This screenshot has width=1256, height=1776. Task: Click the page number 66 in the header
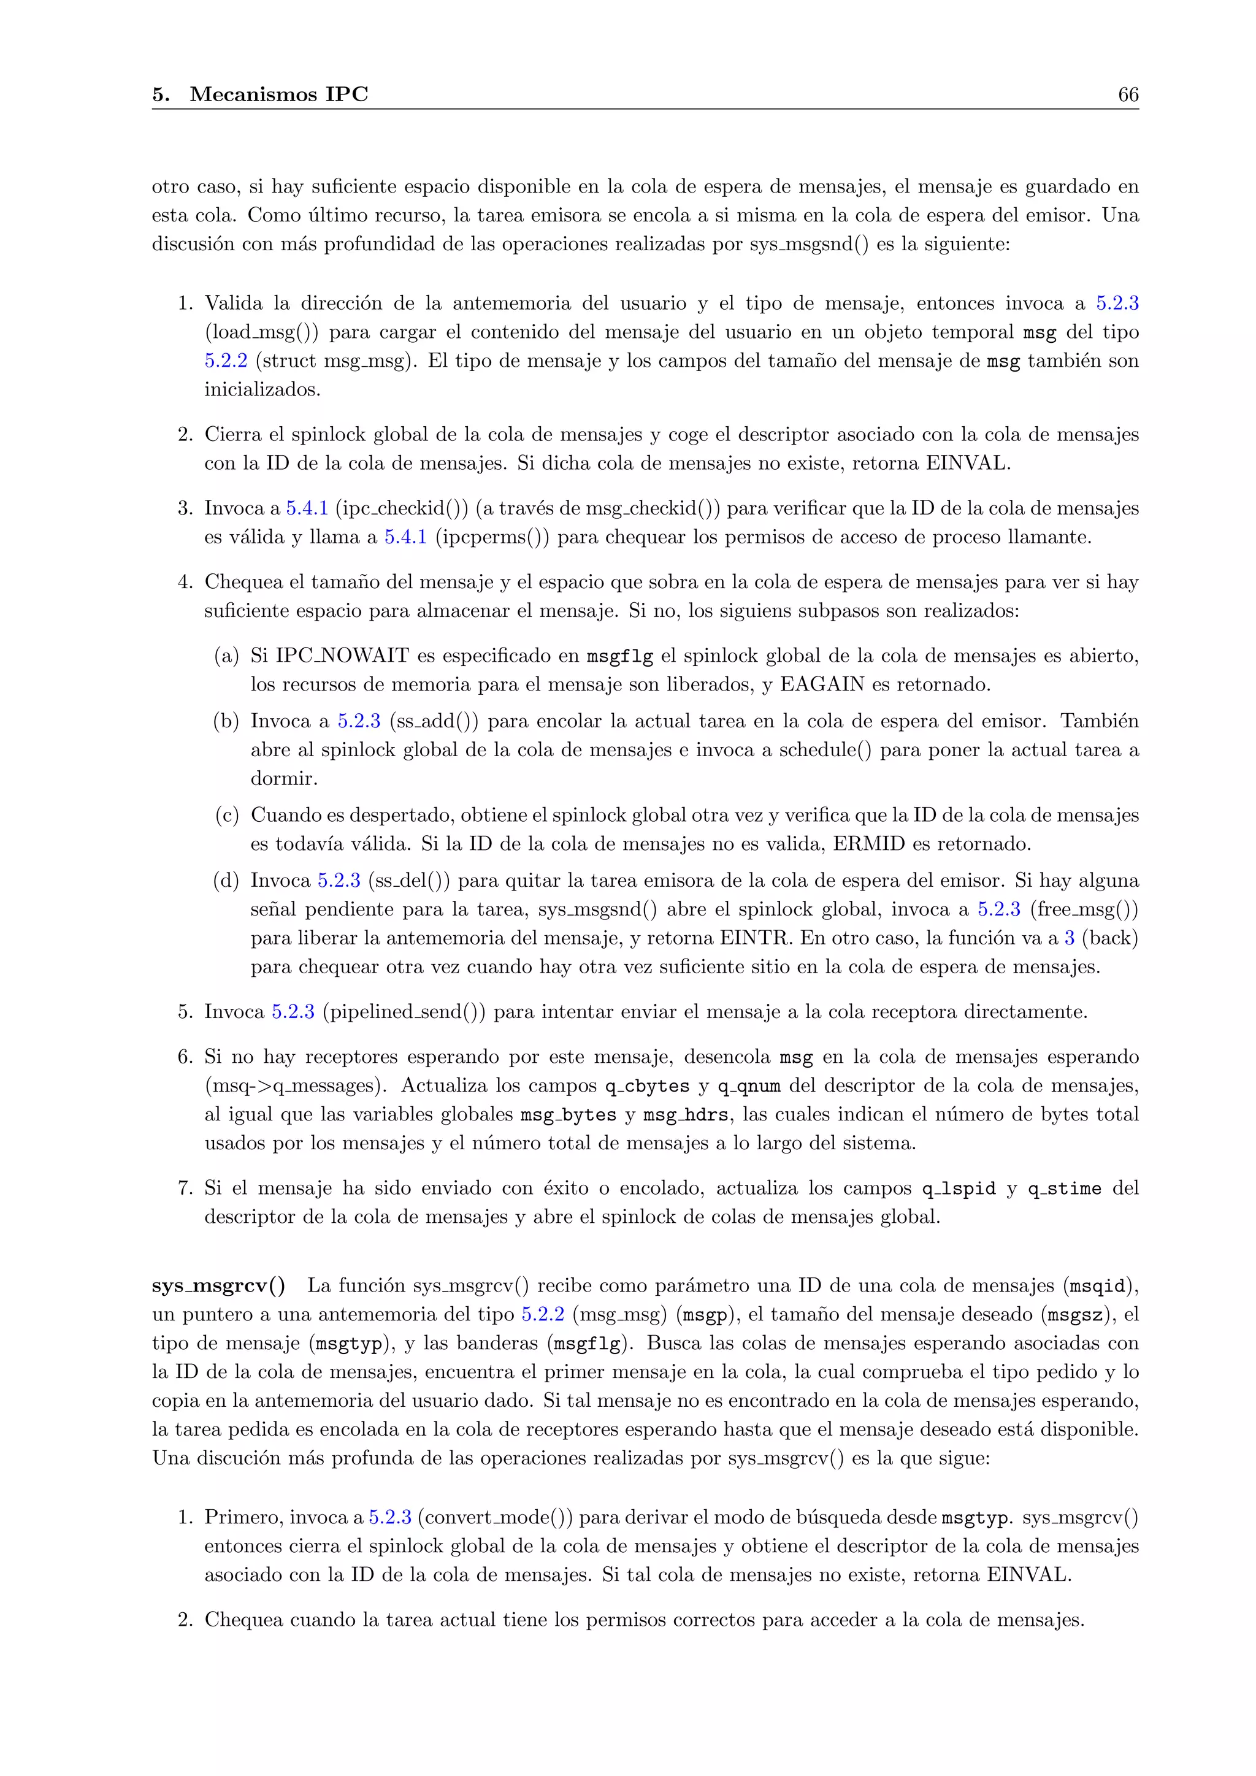1128,94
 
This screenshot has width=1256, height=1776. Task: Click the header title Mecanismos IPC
278,94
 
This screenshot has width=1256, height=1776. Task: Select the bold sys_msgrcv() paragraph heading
218,1285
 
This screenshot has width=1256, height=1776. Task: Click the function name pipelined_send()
404,1012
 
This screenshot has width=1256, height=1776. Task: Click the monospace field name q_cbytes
646,1086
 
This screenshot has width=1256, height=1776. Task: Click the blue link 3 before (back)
1070,938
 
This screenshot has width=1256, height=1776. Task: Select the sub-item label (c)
226,815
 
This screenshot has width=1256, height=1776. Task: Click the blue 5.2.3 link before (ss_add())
359,722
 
